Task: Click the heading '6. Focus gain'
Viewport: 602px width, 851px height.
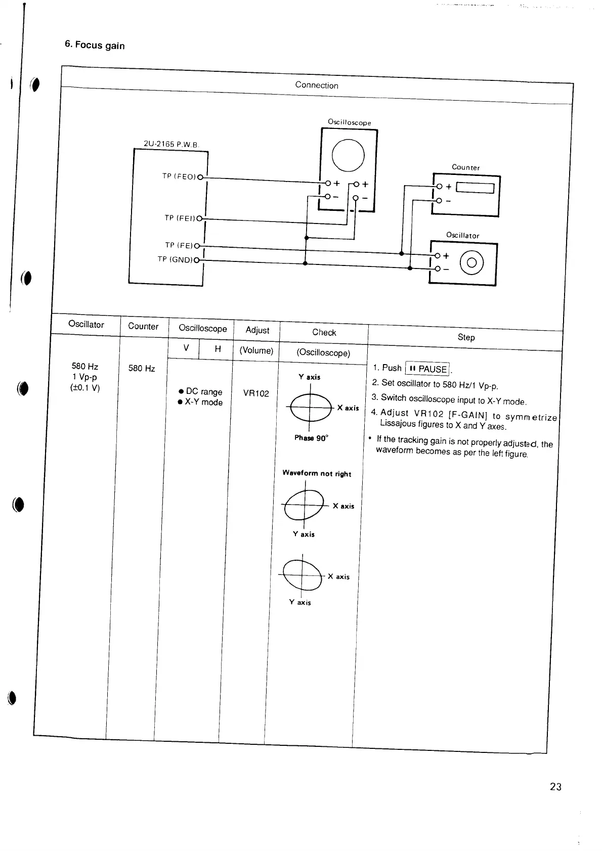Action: point(95,45)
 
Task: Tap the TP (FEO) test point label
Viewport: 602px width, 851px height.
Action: point(179,176)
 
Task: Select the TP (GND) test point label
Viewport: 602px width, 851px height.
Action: point(175,259)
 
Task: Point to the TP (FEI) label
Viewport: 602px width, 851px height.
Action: point(180,218)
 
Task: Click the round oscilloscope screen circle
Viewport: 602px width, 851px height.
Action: point(348,154)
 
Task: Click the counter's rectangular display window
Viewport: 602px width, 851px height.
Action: point(475,188)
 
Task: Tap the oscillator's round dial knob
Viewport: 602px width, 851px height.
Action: point(471,263)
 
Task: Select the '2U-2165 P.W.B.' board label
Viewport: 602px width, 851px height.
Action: point(171,144)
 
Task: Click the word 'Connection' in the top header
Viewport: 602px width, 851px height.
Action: point(317,85)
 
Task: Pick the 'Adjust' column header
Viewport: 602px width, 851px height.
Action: point(257,330)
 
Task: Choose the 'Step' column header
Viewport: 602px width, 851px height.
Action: point(466,337)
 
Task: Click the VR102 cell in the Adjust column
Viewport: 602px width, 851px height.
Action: point(256,393)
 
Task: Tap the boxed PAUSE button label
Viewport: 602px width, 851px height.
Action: point(428,369)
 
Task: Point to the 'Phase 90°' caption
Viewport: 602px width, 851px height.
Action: point(311,438)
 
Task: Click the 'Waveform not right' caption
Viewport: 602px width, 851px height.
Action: point(317,473)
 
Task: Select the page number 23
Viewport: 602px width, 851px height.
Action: point(555,786)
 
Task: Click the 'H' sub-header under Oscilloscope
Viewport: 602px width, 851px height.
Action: point(218,348)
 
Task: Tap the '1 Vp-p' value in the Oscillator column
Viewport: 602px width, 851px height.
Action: point(84,377)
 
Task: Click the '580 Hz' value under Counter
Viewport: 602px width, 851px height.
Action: point(142,368)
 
